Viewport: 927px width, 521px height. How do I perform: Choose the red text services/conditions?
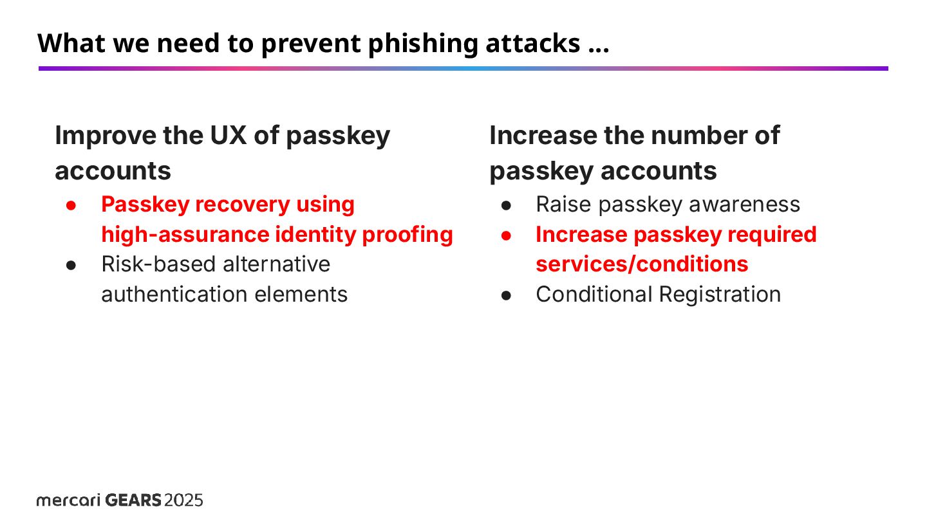tap(642, 264)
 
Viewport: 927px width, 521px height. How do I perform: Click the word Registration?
tap(720, 295)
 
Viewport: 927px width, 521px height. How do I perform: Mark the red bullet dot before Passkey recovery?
tap(71, 205)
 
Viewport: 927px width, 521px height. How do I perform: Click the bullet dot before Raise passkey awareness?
tap(506, 205)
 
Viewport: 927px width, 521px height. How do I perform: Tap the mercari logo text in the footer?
tap(68, 500)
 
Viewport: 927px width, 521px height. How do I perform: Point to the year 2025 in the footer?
tap(184, 500)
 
